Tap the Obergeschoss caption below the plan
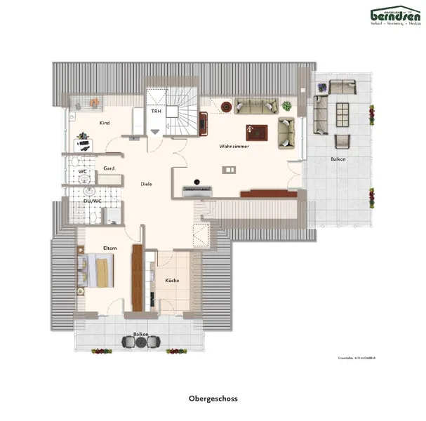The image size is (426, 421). tap(213, 399)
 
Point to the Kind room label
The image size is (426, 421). tap(105, 123)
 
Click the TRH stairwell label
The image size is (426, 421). tap(155, 111)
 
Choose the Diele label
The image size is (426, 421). tap(146, 184)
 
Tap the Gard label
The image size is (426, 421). tap(109, 168)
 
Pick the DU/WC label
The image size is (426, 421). tap(91, 201)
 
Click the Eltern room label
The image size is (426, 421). tap(109, 248)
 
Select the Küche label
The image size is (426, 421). tap(172, 280)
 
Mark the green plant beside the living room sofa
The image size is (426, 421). tap(286, 106)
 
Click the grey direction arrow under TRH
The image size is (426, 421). tap(155, 131)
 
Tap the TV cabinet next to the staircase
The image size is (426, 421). tap(204, 123)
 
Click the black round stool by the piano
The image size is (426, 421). tap(199, 181)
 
